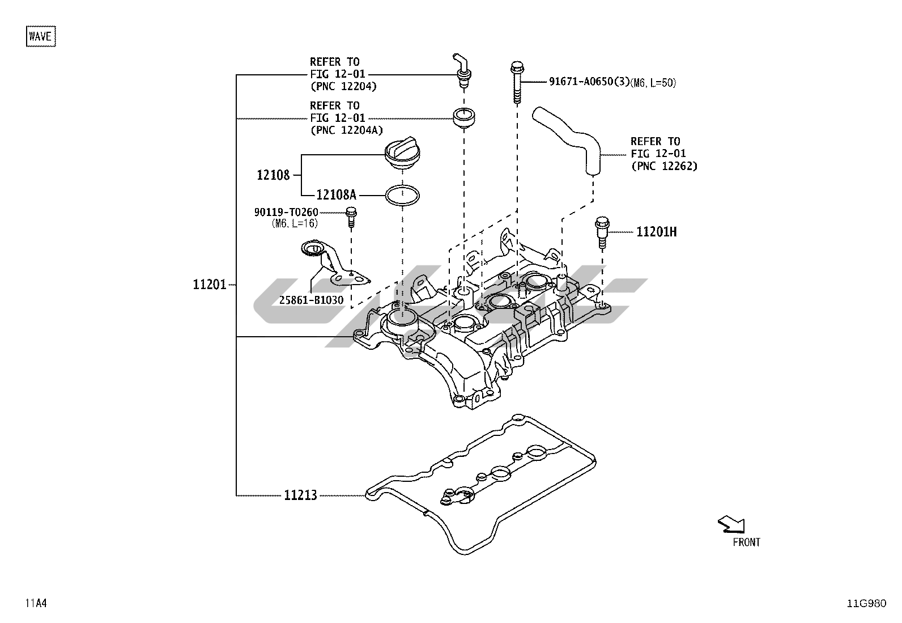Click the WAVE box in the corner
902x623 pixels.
click(x=41, y=36)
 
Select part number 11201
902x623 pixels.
click(x=210, y=285)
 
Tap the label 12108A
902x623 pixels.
click(x=336, y=195)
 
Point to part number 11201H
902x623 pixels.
click(x=656, y=232)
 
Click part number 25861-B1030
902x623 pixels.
click(x=311, y=300)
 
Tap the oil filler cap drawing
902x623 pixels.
click(x=402, y=154)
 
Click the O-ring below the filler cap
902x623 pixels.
click(x=403, y=195)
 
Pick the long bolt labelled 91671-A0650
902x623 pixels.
click(x=516, y=83)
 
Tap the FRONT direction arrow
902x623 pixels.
click(x=731, y=525)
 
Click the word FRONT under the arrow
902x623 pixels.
click(x=746, y=543)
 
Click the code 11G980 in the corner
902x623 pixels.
click(x=866, y=603)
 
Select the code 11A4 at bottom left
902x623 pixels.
click(x=35, y=603)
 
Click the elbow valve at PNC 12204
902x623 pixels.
click(x=462, y=71)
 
